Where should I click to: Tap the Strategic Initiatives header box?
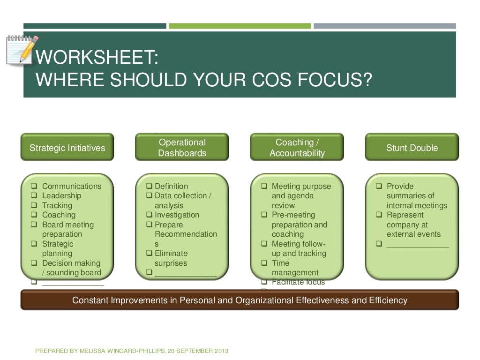pos(67,148)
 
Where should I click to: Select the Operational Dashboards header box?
pos(182,148)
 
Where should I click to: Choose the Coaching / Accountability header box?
pos(297,148)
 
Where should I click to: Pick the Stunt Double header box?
pos(412,148)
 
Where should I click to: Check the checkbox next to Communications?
pos(34,186)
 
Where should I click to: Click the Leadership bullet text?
pos(61,196)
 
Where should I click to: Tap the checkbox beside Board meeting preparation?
pos(34,225)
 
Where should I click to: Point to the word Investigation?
pos(177,215)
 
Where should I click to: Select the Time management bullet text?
pos(295,268)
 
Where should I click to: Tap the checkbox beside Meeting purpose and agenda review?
pos(264,186)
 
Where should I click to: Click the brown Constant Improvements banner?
pos(240,300)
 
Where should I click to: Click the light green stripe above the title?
pos(240,26)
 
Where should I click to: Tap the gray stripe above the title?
pos(384,26)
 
